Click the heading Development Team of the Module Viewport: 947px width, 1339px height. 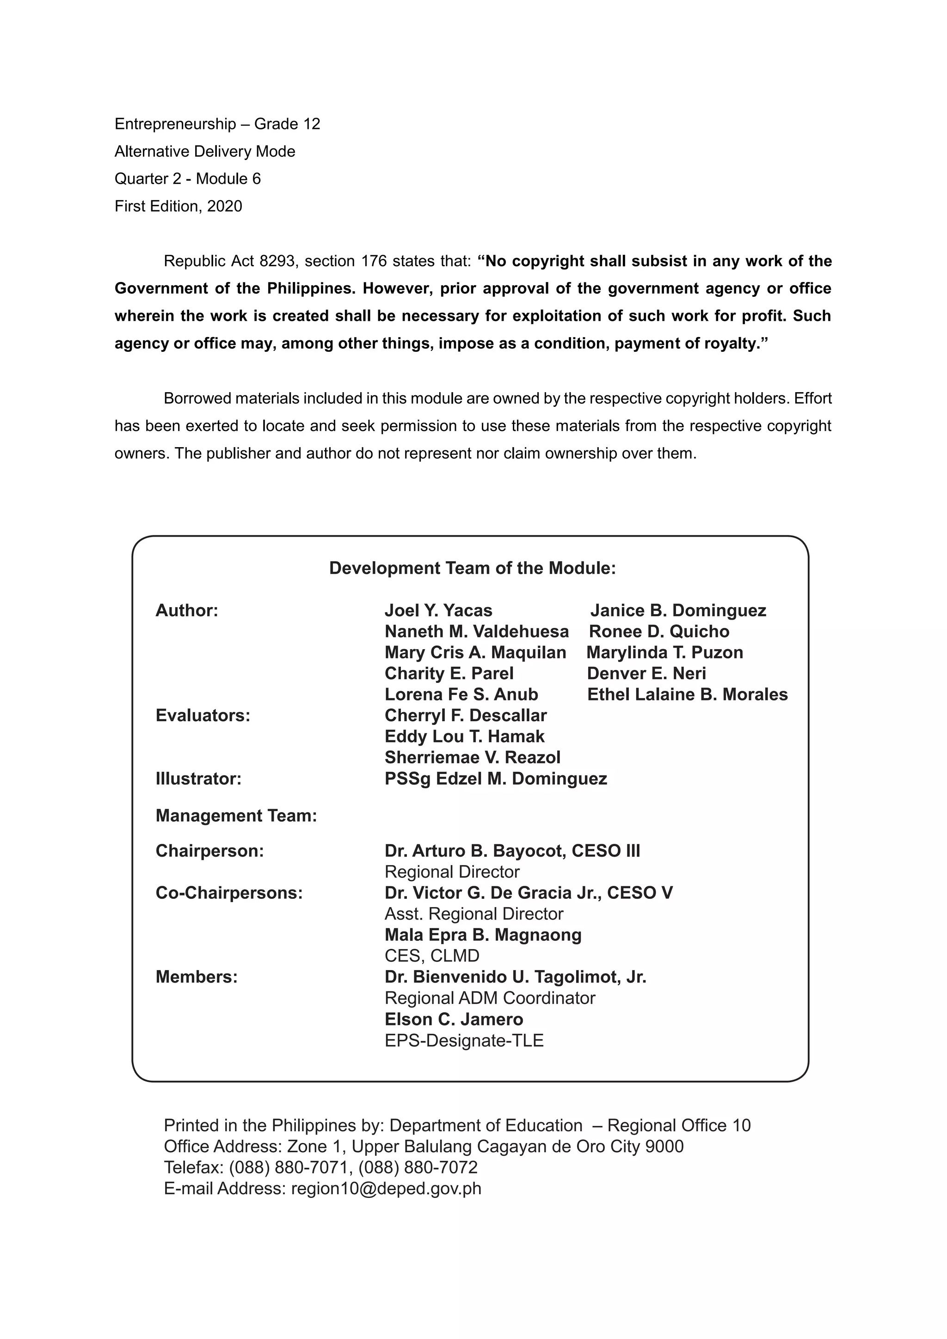coord(472,568)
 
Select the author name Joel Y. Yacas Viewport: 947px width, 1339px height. coord(438,611)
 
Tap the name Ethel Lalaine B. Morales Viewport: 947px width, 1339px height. coord(687,694)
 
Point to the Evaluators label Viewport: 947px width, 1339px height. coord(203,716)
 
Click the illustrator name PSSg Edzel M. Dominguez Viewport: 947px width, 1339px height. coord(496,779)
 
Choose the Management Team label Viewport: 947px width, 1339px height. coord(236,815)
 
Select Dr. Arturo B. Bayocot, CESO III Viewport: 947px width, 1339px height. coord(512,851)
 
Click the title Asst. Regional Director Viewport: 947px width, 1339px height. coord(473,914)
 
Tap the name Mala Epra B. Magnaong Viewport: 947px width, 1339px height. coord(483,935)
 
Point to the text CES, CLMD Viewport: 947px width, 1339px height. coord(431,956)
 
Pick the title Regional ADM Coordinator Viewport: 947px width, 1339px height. coord(490,998)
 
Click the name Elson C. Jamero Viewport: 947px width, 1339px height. coord(454,1020)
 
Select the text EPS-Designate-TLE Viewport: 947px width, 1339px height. coord(464,1040)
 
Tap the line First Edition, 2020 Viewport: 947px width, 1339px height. coord(178,207)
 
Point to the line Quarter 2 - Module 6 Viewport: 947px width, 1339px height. coord(187,179)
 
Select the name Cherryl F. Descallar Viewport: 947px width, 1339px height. coord(465,716)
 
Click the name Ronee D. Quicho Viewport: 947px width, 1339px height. coord(659,632)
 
